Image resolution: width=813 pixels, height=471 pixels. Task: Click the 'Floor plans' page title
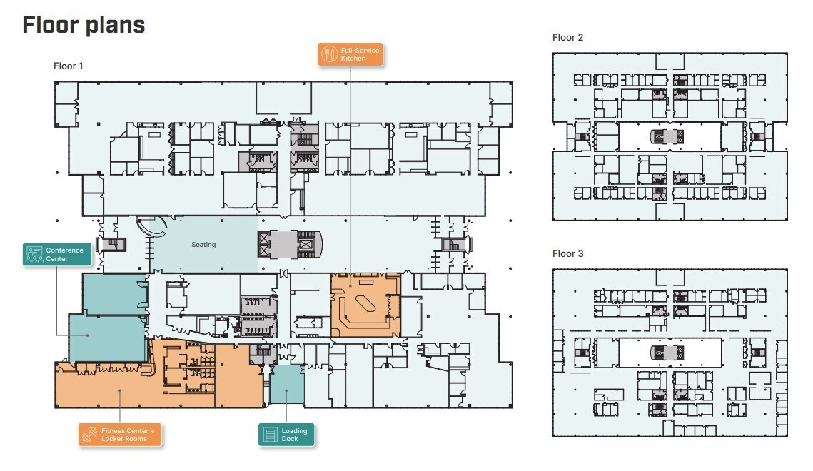(84, 25)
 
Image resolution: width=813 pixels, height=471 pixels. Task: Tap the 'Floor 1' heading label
(69, 66)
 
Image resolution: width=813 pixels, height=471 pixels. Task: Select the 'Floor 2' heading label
(567, 37)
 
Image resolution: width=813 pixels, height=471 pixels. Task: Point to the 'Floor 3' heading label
(567, 254)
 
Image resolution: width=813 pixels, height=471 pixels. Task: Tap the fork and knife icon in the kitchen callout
(330, 54)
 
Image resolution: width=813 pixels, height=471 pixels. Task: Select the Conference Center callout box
(57, 255)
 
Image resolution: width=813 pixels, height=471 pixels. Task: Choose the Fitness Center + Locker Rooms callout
(121, 435)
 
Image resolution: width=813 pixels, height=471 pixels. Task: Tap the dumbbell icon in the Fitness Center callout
(89, 435)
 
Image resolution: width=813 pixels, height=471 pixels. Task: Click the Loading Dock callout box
(286, 435)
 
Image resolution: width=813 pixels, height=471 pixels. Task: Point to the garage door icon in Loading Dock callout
(270, 435)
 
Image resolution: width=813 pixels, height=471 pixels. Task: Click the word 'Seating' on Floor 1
(203, 245)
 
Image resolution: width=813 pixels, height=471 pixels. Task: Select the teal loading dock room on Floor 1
(287, 385)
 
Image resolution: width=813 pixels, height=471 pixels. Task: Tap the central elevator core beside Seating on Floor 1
(290, 244)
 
